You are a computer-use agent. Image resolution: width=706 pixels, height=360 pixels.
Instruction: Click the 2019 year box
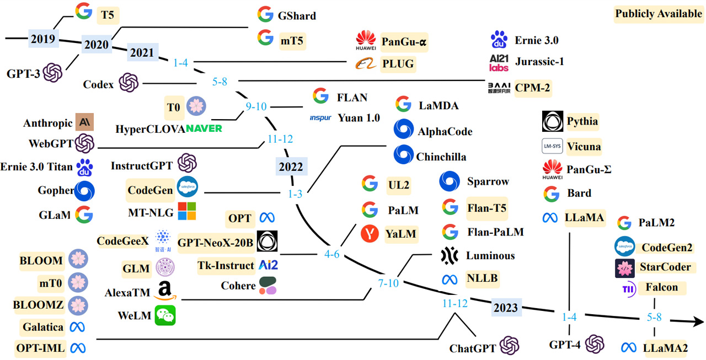click(43, 39)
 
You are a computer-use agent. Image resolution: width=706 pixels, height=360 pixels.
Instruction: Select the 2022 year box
click(290, 166)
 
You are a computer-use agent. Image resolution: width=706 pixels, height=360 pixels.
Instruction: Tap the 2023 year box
click(506, 307)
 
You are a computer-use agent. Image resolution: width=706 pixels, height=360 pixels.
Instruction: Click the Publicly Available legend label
click(659, 14)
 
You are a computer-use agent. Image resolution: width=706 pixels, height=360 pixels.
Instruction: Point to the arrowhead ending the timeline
click(696, 321)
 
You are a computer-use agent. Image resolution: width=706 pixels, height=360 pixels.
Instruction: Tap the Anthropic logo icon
click(85, 122)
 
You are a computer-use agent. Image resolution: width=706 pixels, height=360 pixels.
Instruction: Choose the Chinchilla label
click(441, 157)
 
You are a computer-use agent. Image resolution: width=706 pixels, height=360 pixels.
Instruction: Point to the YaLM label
click(400, 234)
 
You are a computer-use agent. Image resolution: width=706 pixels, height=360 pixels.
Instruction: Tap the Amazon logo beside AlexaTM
click(164, 291)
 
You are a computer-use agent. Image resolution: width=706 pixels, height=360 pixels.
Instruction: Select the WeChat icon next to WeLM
click(165, 315)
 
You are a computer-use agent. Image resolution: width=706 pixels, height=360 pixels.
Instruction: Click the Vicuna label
click(584, 147)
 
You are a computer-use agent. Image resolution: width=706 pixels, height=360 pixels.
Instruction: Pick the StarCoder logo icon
click(625, 267)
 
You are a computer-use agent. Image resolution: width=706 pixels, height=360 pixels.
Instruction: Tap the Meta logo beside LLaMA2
click(628, 347)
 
